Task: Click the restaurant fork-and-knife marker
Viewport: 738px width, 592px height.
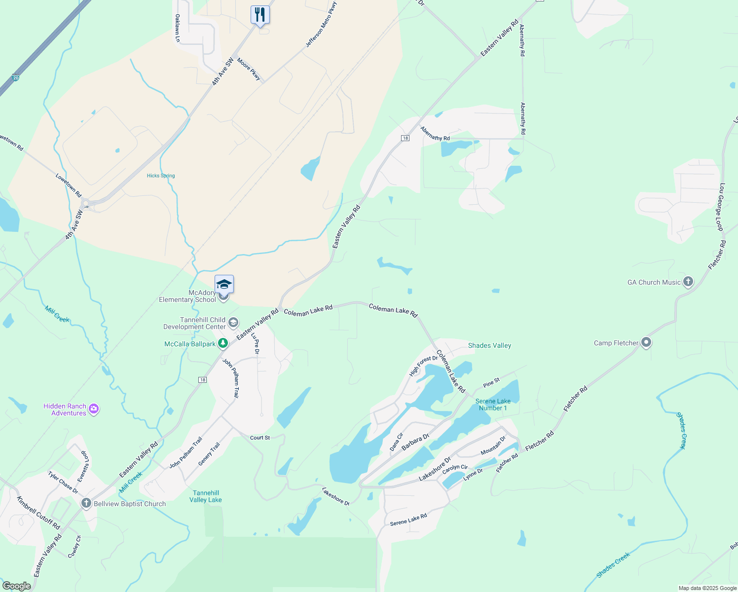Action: tap(260, 15)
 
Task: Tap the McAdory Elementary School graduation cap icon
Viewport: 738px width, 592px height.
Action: tap(224, 284)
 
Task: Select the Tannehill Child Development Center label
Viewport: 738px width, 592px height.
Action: tap(194, 323)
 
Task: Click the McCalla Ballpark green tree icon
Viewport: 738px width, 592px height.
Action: tap(223, 343)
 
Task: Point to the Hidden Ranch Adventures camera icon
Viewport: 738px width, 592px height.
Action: tap(94, 409)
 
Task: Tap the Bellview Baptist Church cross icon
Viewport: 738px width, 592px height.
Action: tap(86, 503)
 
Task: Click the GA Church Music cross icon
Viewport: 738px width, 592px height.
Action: tap(688, 282)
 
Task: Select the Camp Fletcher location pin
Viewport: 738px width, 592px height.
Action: tap(646, 343)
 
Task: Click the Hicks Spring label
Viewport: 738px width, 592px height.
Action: tap(161, 176)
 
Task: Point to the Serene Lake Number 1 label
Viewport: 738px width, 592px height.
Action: tap(493, 405)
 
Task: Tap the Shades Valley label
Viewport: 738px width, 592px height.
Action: tap(489, 345)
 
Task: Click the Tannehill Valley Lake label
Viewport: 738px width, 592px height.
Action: tap(206, 496)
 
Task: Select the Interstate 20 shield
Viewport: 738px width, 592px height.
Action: tap(16, 78)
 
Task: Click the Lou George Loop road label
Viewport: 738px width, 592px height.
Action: tap(721, 207)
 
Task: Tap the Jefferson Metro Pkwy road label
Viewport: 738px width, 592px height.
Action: tap(321, 25)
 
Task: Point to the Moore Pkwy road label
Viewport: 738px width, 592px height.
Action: tap(249, 69)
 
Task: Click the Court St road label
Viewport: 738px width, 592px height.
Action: tap(260, 438)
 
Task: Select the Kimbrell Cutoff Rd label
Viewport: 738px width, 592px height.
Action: tap(38, 513)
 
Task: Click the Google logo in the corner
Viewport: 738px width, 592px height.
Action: tap(17, 586)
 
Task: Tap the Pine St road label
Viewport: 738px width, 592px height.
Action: tap(491, 382)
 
